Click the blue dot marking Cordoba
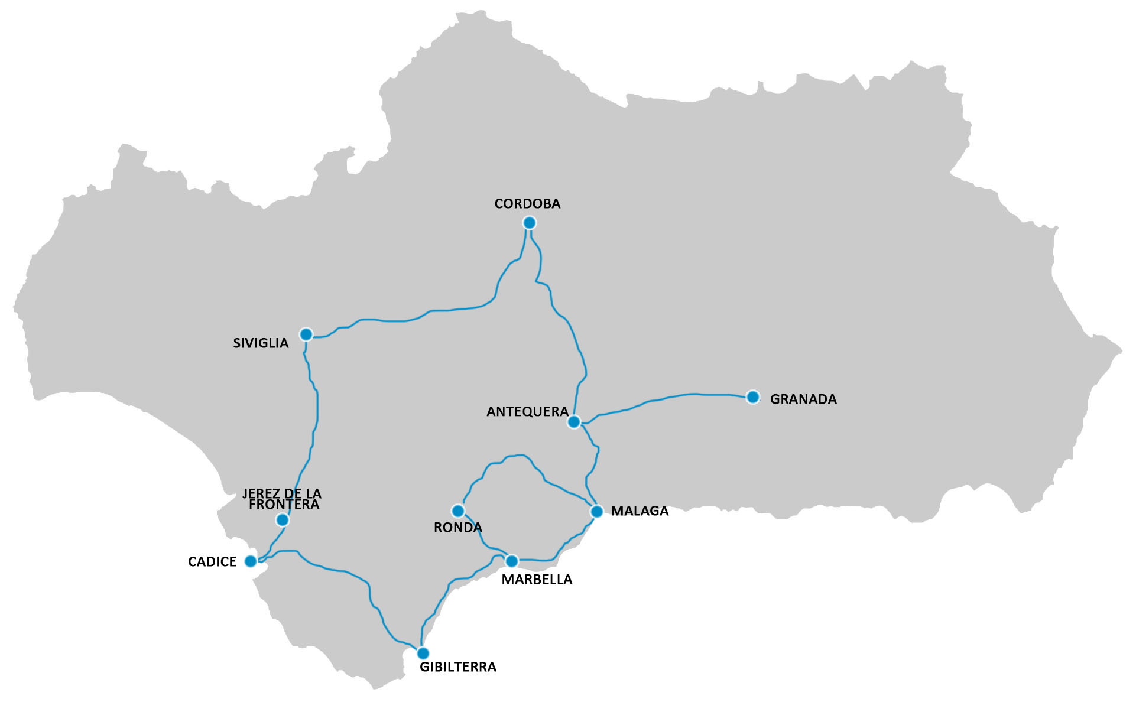click(529, 223)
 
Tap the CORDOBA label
click(527, 204)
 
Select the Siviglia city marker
click(306, 334)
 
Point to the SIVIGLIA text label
click(261, 343)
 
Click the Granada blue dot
click(752, 397)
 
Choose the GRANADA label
click(803, 399)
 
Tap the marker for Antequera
click(573, 422)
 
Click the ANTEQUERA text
click(527, 412)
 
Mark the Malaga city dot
click(596, 511)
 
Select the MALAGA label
click(640, 511)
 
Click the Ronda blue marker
click(457, 511)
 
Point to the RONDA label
click(457, 528)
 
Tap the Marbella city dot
click(512, 561)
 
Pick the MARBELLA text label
click(537, 580)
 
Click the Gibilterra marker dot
click(423, 654)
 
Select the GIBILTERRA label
click(458, 667)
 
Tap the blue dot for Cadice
click(251, 561)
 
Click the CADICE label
click(212, 562)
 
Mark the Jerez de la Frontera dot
click(283, 520)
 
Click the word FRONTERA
click(284, 505)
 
